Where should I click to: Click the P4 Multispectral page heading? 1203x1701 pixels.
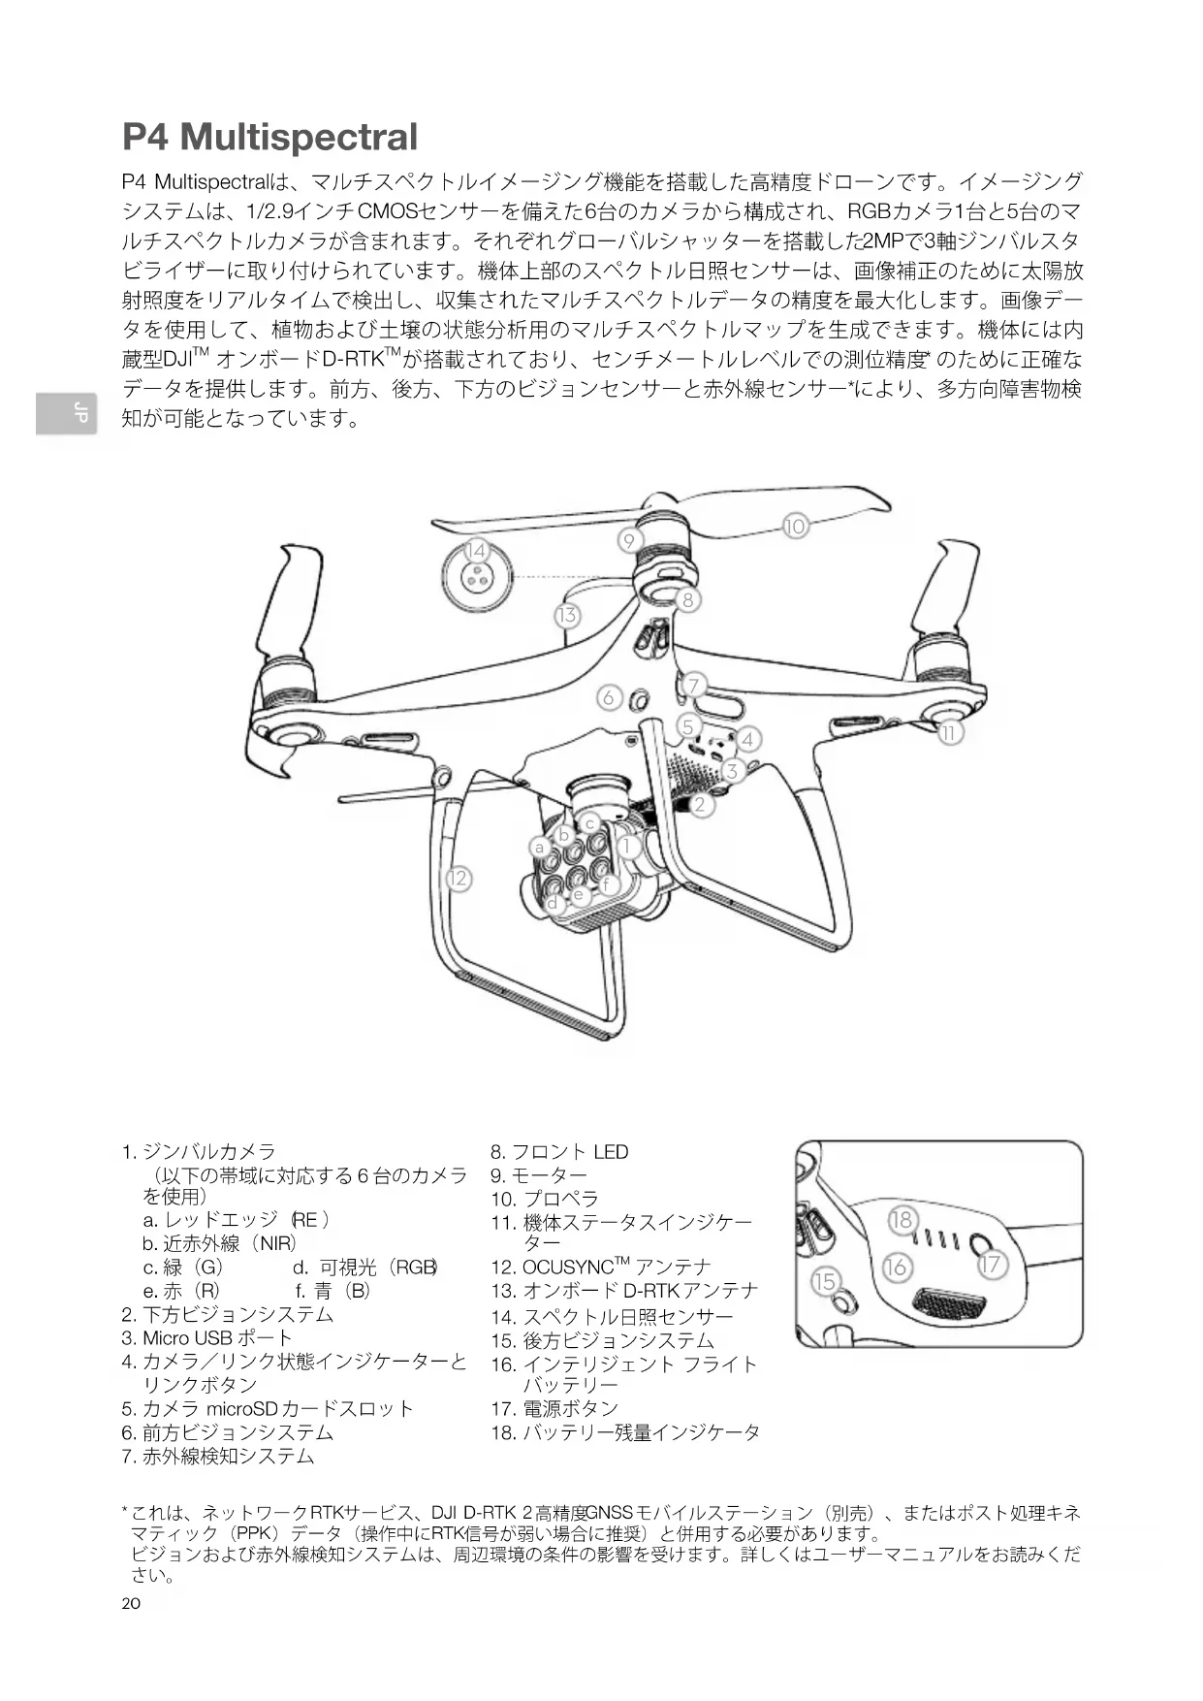(x=269, y=137)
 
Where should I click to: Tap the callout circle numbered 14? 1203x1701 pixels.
(x=475, y=551)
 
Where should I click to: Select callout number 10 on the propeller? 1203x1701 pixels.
(x=795, y=527)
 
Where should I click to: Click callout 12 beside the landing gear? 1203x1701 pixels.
(x=458, y=879)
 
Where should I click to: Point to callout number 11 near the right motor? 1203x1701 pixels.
(x=950, y=733)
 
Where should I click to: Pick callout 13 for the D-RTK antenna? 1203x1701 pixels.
(x=567, y=615)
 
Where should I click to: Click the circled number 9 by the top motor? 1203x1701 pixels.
(x=629, y=540)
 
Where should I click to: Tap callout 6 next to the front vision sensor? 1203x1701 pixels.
(x=609, y=697)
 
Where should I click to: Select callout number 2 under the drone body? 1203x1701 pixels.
(x=700, y=804)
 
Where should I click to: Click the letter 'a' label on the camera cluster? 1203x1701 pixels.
(x=539, y=847)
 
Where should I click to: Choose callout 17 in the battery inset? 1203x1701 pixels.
(x=991, y=1265)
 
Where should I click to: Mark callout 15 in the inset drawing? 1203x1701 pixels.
(x=824, y=1281)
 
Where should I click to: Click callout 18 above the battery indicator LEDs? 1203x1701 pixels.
(x=902, y=1219)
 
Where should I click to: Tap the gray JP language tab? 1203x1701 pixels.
(x=67, y=414)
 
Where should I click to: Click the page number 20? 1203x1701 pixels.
(x=131, y=1603)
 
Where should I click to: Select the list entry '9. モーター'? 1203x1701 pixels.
(x=539, y=1175)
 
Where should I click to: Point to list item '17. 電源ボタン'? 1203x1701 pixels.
(x=554, y=1408)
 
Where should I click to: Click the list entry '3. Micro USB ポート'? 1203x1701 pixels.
(x=207, y=1338)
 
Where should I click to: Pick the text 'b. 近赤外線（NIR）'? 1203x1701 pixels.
(x=219, y=1243)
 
